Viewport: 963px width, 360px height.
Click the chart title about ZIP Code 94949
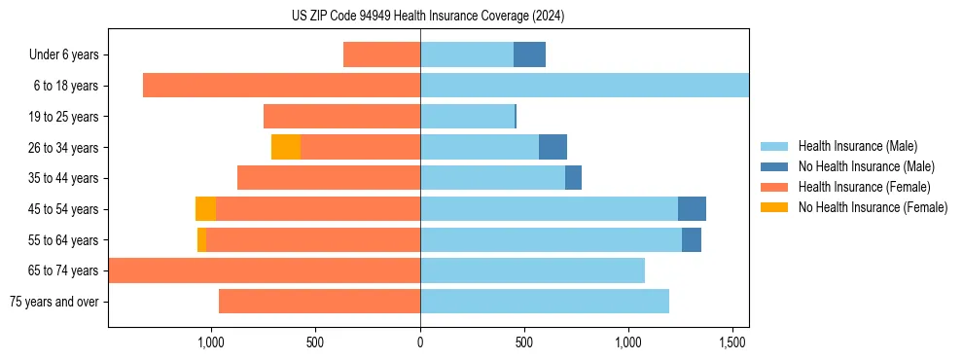pos(428,16)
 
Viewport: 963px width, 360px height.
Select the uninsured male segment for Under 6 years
pos(529,54)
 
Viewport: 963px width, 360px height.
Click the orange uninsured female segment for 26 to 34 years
pos(286,147)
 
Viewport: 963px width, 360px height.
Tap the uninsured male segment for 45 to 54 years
pos(692,208)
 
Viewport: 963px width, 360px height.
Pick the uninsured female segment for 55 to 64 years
pos(201,239)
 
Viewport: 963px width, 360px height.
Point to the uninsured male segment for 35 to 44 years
pos(573,178)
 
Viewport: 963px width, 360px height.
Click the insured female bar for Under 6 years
pos(381,54)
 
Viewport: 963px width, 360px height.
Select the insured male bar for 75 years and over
pos(545,302)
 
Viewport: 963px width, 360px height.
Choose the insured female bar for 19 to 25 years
pos(341,117)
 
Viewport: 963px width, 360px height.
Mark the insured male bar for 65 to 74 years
pos(532,270)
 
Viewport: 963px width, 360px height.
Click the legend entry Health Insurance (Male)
pos(857,146)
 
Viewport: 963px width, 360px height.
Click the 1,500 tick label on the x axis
pos(732,343)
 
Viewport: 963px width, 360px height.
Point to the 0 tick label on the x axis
pos(420,343)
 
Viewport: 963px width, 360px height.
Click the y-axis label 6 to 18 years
pos(65,86)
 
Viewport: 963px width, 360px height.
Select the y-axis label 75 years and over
pos(53,302)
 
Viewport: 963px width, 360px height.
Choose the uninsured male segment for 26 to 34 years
pos(553,147)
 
